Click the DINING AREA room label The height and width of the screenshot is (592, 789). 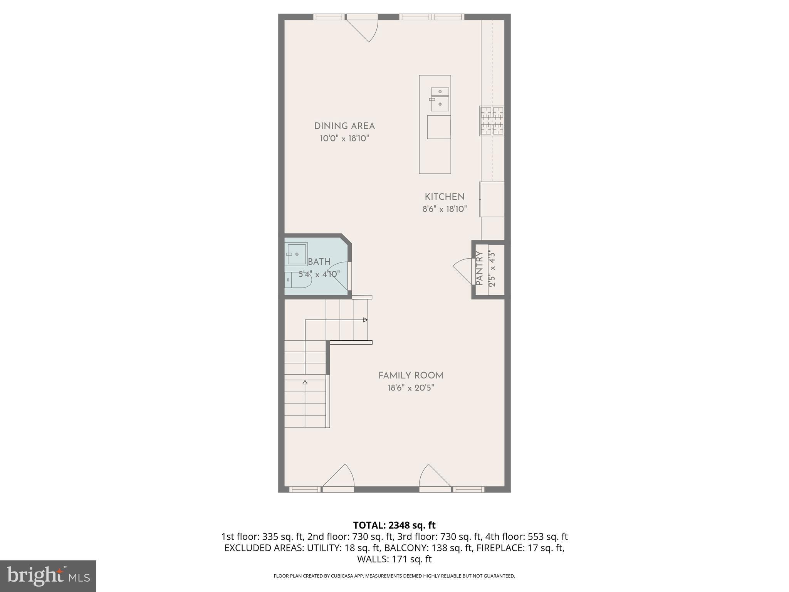(x=344, y=126)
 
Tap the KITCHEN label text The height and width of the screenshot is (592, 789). (x=445, y=197)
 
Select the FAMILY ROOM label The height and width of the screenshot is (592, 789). (x=411, y=375)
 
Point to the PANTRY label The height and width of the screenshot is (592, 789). (x=479, y=269)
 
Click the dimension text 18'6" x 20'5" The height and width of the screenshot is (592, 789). (x=411, y=388)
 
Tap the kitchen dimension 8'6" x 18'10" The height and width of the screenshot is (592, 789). (x=445, y=209)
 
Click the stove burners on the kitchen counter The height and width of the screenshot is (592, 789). (x=492, y=121)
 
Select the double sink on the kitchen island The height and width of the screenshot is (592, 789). (x=440, y=99)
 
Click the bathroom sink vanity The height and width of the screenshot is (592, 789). (x=297, y=254)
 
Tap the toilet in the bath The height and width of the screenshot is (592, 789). (x=298, y=280)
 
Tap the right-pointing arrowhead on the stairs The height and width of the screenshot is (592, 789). (x=365, y=320)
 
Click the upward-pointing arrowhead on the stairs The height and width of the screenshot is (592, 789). (x=305, y=382)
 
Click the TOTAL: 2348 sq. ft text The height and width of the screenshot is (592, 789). (x=394, y=525)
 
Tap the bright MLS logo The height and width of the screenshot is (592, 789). (x=48, y=576)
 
